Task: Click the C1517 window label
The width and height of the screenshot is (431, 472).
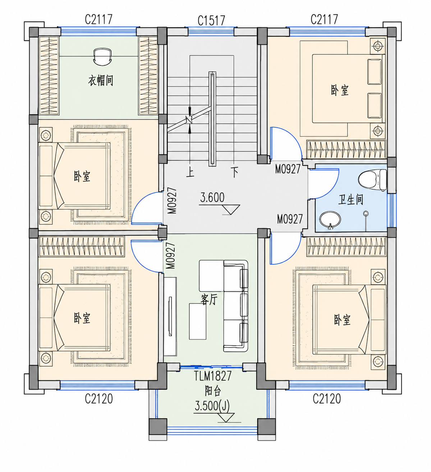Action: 211,21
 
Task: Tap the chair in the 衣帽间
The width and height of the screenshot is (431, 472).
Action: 102,56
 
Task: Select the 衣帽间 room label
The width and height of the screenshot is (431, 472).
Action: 100,80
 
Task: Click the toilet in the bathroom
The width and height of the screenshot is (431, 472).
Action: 372,180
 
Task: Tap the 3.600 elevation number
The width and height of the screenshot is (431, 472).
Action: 212,198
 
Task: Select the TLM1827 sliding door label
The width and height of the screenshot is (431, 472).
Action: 213,376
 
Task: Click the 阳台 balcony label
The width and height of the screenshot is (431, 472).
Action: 213,391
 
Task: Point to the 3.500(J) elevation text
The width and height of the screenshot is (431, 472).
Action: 212,407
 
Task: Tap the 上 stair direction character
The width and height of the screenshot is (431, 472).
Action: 190,172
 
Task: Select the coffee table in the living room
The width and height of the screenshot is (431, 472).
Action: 197,321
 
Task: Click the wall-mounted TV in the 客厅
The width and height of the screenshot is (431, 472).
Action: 170,316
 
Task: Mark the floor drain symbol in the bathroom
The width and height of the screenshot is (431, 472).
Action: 366,214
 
